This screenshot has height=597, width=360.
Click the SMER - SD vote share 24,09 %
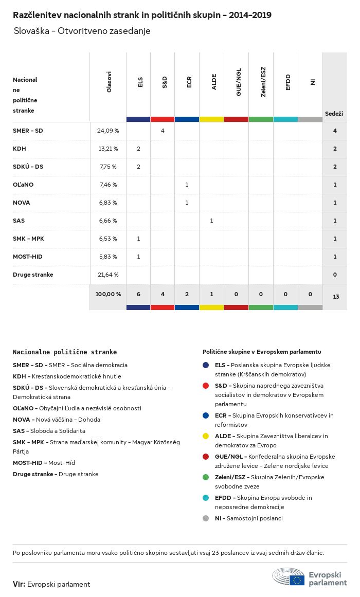pos(108,131)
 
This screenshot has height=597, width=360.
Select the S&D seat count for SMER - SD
pos(163,131)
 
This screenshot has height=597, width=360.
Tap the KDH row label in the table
pos(20,149)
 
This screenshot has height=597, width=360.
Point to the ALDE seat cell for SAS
pos(211,221)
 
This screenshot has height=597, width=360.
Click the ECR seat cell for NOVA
pos(187,203)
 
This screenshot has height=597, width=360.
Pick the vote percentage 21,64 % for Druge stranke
pos(108,275)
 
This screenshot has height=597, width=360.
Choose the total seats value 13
pos(336,297)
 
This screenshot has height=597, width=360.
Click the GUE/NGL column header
pos(239,82)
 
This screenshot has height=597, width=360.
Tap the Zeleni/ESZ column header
pos(263,82)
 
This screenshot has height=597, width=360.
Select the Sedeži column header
pos(334,114)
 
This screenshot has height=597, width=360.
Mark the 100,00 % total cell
pos(108,294)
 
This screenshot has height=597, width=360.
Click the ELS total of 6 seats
pos(138,294)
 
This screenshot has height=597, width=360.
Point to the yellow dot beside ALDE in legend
pos(206,436)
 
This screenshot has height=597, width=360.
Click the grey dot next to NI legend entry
pos(206,518)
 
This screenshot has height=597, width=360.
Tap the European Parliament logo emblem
pos(288,576)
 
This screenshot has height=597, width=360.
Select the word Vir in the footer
pos(19,584)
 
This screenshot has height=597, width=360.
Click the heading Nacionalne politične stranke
pos(65,352)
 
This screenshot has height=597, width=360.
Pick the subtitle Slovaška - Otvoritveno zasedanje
pos(82,31)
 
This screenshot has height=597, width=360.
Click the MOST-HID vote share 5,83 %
pos(108,257)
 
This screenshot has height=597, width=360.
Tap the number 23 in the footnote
pos(215,553)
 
